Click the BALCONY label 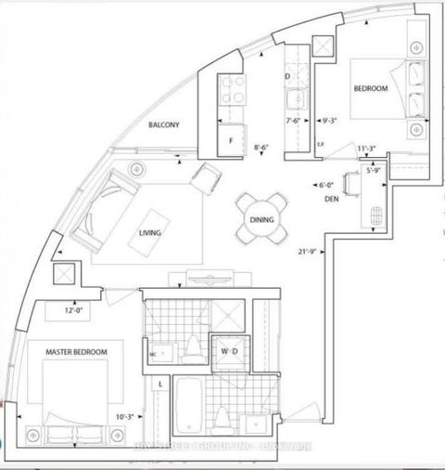coord(163,124)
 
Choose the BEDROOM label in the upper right coord(372,89)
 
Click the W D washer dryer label coord(231,351)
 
